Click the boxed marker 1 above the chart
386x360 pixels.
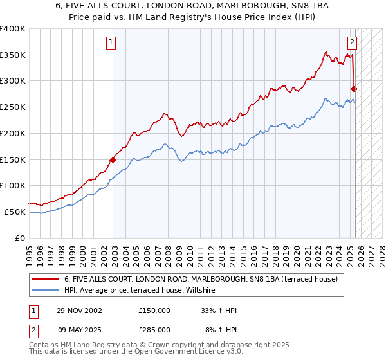pyautogui.click(x=111, y=43)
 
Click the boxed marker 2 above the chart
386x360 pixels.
pyautogui.click(x=353, y=43)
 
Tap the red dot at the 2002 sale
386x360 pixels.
pyautogui.click(x=113, y=159)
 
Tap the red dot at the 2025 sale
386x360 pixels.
pyautogui.click(x=354, y=89)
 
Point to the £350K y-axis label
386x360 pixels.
pyautogui.click(x=13, y=55)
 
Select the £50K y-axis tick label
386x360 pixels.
pyautogui.click(x=15, y=212)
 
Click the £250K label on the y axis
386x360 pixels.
pyautogui.click(x=13, y=107)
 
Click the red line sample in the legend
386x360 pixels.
pyautogui.click(x=46, y=280)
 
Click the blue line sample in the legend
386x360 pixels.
pyautogui.click(x=46, y=291)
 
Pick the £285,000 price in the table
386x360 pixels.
pyautogui.click(x=154, y=329)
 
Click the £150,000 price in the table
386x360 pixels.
pyautogui.click(x=154, y=310)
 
